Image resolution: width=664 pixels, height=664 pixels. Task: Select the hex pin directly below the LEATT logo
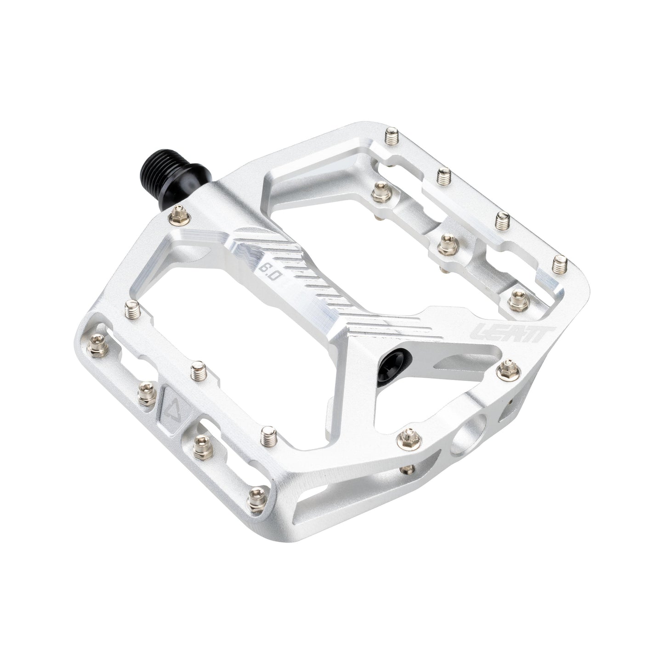tap(508, 353)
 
